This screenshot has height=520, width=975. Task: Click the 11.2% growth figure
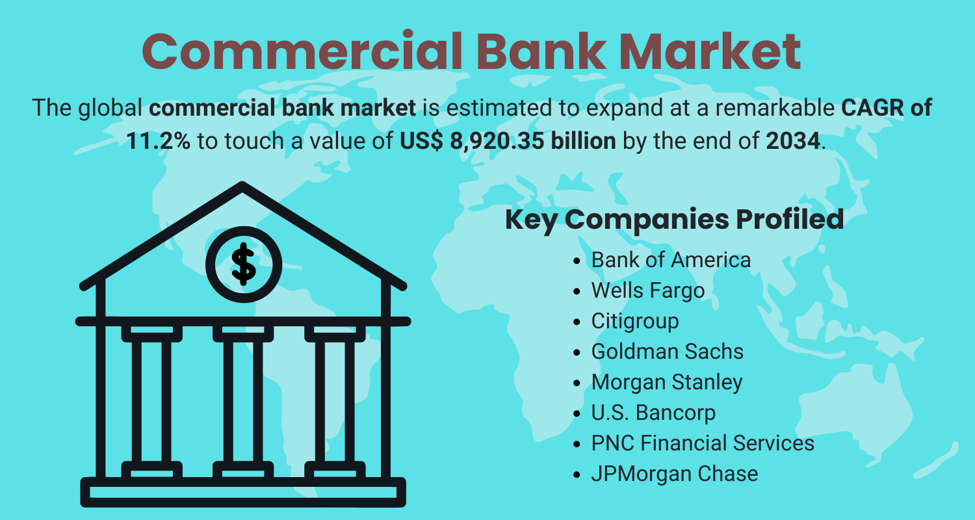(158, 141)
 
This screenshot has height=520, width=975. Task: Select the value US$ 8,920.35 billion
(508, 142)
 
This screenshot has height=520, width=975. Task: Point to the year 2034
(793, 141)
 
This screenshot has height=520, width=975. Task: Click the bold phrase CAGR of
(886, 108)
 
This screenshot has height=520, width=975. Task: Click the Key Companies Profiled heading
(674, 220)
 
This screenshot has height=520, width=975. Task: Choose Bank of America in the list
(671, 260)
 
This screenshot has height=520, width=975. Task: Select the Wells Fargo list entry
(647, 291)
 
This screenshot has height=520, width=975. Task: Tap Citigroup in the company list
(634, 322)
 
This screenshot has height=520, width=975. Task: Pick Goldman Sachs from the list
(668, 352)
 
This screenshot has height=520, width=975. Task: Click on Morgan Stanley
(667, 382)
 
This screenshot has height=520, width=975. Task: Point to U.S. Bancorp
(653, 413)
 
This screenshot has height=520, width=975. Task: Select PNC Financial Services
(703, 443)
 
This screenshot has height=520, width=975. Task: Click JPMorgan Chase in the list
(674, 474)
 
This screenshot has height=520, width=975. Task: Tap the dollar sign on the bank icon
(243, 264)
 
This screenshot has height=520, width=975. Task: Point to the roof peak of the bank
(242, 186)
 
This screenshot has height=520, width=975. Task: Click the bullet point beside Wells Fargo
(577, 291)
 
